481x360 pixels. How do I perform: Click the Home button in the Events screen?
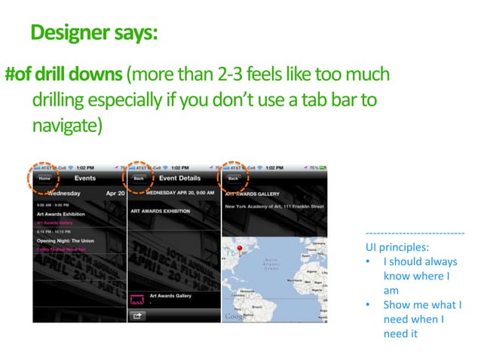click(x=45, y=178)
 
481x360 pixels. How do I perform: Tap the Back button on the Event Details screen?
click(x=139, y=178)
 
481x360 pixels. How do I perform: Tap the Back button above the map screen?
click(x=233, y=178)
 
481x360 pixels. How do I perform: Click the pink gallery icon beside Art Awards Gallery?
click(x=137, y=299)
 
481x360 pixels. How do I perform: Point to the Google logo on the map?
click(x=234, y=317)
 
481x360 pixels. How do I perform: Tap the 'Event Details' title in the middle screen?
click(x=179, y=178)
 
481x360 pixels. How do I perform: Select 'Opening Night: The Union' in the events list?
click(x=66, y=239)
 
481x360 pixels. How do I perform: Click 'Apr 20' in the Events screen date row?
click(x=115, y=193)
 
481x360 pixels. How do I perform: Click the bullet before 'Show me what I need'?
click(x=367, y=305)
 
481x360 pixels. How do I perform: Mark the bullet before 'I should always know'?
click(x=367, y=262)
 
